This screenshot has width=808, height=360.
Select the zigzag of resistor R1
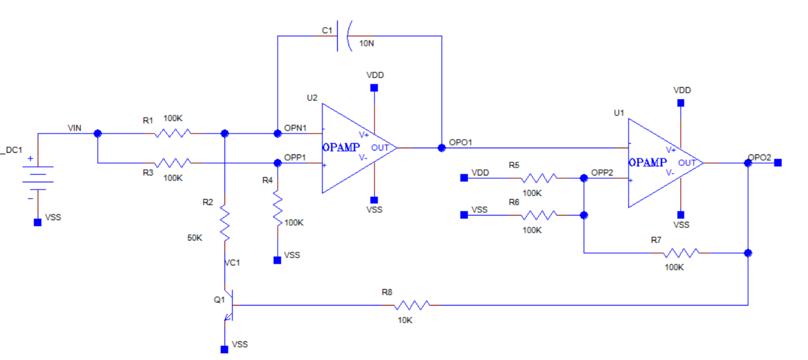click(x=173, y=134)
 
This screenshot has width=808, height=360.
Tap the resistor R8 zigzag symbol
click(x=411, y=305)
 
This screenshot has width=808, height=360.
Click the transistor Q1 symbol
click(x=229, y=305)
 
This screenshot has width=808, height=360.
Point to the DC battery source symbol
click(x=38, y=178)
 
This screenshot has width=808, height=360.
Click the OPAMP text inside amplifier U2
click(x=341, y=148)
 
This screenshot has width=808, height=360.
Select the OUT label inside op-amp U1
click(x=687, y=163)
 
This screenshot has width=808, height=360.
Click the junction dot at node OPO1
click(x=441, y=148)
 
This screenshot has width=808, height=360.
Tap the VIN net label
click(x=75, y=128)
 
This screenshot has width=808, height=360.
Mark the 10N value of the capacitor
click(x=367, y=44)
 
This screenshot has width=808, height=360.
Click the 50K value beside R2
click(x=195, y=238)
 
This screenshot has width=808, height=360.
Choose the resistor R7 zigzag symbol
click(x=681, y=253)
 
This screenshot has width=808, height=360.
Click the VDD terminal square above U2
click(x=374, y=88)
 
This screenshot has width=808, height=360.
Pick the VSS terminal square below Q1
click(x=225, y=350)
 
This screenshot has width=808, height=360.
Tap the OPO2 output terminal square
click(x=778, y=162)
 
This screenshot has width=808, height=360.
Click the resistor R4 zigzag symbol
click(x=277, y=208)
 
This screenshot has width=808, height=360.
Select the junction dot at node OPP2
click(x=584, y=178)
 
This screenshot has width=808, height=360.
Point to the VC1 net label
click(x=232, y=263)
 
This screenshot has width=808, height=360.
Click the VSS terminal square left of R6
click(x=464, y=215)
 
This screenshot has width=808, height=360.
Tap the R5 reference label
click(x=514, y=165)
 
